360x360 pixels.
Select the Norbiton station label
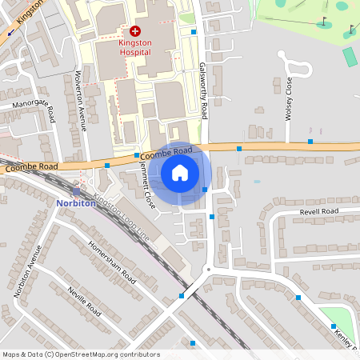tap(77, 203)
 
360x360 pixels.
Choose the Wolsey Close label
tap(289, 97)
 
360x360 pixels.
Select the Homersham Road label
tap(110, 257)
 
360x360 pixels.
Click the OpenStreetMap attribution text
tap(81, 354)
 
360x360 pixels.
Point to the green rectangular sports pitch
tap(350, 58)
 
